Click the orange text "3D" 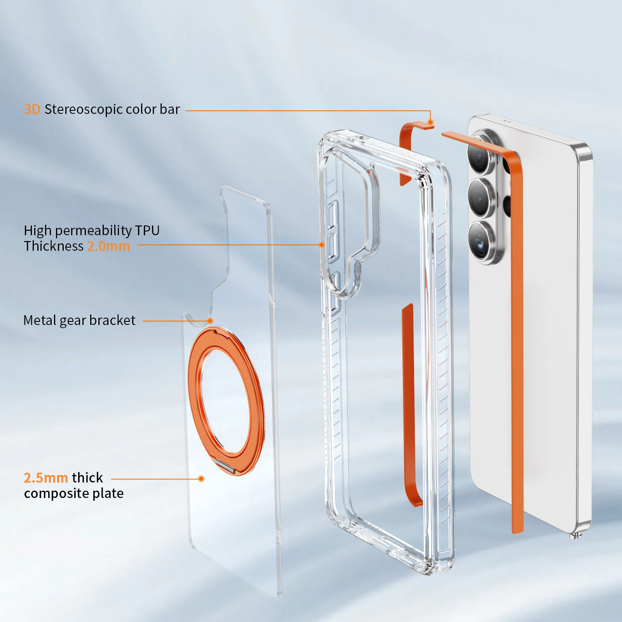pyautogui.click(x=32, y=110)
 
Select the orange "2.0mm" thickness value pyautogui.click(x=108, y=246)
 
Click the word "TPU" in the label pyautogui.click(x=147, y=231)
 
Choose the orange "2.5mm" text pyautogui.click(x=46, y=478)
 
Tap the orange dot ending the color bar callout pyautogui.click(x=430, y=122)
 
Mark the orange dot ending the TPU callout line pyautogui.click(x=321, y=245)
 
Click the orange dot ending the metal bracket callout pyautogui.click(x=210, y=321)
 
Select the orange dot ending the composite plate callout pyautogui.click(x=201, y=479)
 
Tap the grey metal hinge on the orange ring pyautogui.click(x=226, y=465)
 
